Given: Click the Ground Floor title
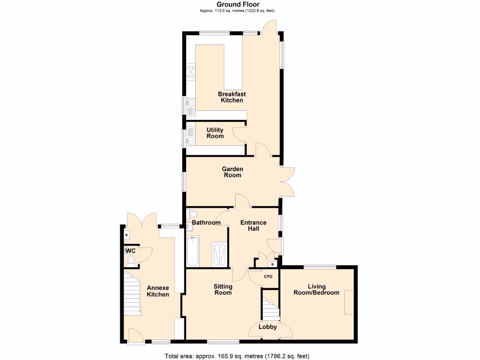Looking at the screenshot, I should pyautogui.click(x=238, y=5).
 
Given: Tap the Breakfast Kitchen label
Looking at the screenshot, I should pyautogui.click(x=232, y=97).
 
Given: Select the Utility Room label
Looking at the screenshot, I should pyautogui.click(x=215, y=133).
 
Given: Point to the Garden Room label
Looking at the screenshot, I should pyautogui.click(x=232, y=172).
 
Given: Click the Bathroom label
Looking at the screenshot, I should pyautogui.click(x=206, y=223).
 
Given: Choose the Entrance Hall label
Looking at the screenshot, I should pyautogui.click(x=253, y=225).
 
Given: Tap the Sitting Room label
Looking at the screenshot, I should pyautogui.click(x=223, y=290).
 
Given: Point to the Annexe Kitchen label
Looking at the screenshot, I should pyautogui.click(x=157, y=291).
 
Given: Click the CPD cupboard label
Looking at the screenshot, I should pyautogui.click(x=268, y=277).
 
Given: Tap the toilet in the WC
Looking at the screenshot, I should pyautogui.click(x=132, y=261).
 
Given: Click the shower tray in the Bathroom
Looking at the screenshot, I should pyautogui.click(x=219, y=254).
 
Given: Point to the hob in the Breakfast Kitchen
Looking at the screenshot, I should pyautogui.click(x=191, y=72).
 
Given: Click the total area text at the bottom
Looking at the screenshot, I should pyautogui.click(x=237, y=356).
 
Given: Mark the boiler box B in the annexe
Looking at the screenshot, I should pyautogui.click(x=126, y=234).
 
